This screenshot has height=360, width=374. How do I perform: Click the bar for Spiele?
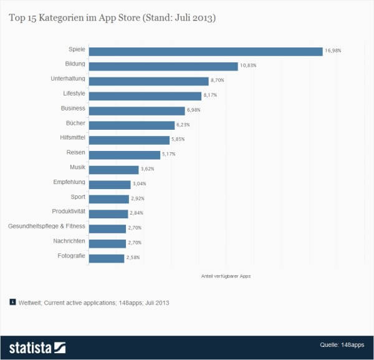pos(206,51)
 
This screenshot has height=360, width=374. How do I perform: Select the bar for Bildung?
pos(163,66)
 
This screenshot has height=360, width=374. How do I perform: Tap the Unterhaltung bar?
pos(148,81)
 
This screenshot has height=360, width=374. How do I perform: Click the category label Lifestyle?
pos(74,94)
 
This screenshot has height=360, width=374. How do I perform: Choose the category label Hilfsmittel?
pos(71,137)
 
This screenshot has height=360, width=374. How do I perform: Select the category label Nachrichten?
pos(69,241)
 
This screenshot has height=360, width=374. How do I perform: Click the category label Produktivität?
pos(69,212)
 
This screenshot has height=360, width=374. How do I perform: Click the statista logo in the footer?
pos(37,347)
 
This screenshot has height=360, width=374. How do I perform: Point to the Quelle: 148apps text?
pos(343,345)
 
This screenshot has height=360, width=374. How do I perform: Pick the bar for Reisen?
pos(125,155)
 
